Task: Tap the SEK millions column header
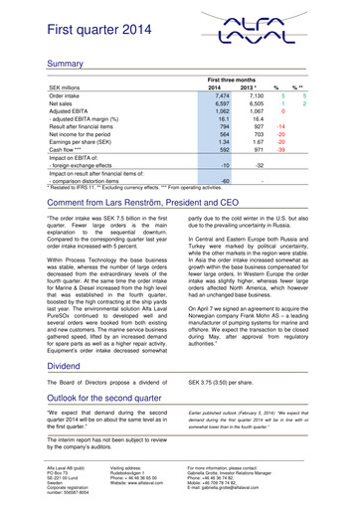(54, 86)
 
